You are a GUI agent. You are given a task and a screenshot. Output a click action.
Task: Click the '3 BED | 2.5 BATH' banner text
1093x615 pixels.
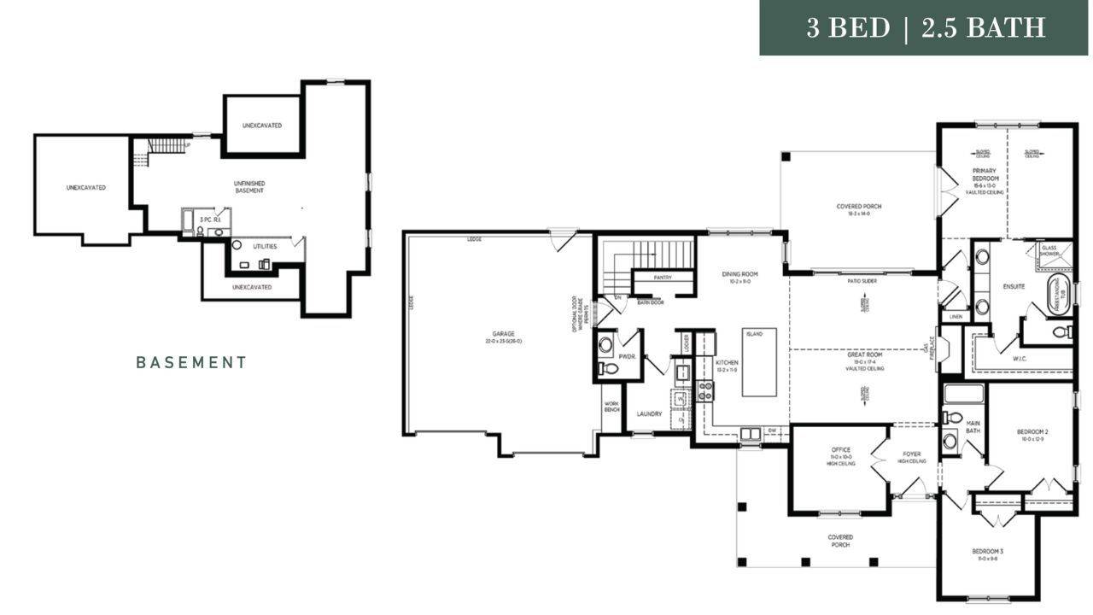(926, 27)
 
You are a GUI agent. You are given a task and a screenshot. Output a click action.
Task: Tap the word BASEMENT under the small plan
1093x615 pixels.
(191, 362)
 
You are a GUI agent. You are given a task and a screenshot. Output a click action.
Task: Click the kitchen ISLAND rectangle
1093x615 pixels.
(759, 362)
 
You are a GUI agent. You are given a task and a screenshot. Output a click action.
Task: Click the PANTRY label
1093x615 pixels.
(662, 278)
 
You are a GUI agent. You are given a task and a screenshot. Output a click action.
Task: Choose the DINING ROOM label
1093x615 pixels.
(739, 275)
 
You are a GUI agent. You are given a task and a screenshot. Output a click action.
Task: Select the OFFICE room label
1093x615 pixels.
(841, 450)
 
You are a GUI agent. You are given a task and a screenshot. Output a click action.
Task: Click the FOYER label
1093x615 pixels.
(912, 454)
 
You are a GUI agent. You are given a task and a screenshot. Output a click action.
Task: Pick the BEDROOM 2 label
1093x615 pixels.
(1032, 432)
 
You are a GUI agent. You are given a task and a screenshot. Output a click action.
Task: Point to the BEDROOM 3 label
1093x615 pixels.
(987, 552)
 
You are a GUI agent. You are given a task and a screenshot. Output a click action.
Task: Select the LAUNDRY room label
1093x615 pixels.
(649, 414)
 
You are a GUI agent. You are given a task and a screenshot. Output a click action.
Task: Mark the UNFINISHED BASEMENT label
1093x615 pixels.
(249, 187)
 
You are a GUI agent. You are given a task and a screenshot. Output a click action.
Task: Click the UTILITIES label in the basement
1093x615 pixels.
(265, 247)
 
